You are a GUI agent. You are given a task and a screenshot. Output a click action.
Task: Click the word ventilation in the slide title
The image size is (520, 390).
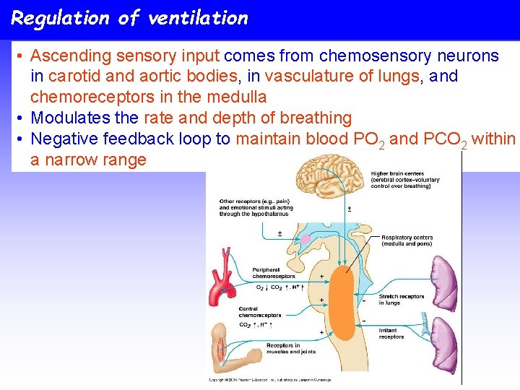click(196, 18)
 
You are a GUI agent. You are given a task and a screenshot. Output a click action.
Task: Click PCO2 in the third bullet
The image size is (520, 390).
click(445, 139)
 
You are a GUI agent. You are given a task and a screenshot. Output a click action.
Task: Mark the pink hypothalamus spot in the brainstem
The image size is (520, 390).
click(305, 238)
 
